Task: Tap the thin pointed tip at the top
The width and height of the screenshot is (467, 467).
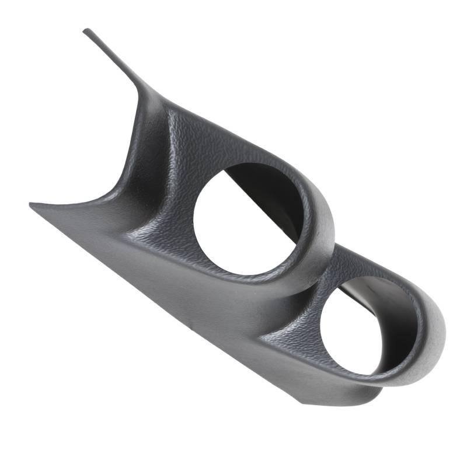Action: click(x=86, y=30)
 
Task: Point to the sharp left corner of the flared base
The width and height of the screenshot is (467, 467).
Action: click(x=31, y=205)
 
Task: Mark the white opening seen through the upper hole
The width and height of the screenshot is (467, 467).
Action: click(x=233, y=233)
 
